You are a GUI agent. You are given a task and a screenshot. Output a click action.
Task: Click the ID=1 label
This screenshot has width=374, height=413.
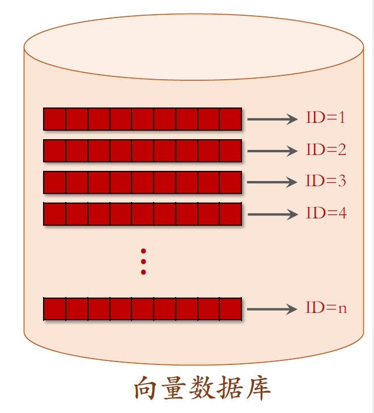(x=325, y=118)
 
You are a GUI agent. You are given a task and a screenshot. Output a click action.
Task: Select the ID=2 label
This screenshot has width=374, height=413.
(x=326, y=149)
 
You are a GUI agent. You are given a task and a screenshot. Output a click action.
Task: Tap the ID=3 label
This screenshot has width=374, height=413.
(x=326, y=181)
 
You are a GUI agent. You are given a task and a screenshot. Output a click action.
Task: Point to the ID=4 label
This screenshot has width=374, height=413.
(x=326, y=213)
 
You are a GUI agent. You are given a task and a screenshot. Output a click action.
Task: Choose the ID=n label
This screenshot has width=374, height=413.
(x=326, y=307)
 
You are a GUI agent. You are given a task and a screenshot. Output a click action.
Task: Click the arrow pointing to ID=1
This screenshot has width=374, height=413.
(x=273, y=119)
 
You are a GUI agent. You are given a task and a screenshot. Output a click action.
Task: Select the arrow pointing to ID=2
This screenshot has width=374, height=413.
(x=273, y=151)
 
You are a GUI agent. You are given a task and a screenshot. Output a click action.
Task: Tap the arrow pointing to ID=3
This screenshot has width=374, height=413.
(x=272, y=182)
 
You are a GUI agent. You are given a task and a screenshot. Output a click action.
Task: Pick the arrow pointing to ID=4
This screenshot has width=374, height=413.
(x=273, y=214)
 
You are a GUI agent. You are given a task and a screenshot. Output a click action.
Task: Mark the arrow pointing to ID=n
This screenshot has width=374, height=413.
(x=272, y=309)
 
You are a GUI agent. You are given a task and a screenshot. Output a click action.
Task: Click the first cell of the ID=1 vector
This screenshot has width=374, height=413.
(x=54, y=119)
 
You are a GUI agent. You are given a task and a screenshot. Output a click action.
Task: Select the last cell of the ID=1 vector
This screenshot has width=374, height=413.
(x=231, y=119)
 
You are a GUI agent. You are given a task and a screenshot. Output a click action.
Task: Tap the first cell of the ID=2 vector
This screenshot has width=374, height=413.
(x=54, y=150)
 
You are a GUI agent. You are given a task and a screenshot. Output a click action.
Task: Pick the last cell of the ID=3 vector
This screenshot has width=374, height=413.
(x=231, y=183)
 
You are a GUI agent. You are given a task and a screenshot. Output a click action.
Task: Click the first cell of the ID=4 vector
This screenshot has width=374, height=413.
(x=54, y=214)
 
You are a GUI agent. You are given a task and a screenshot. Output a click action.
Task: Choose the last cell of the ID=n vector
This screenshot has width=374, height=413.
(x=231, y=309)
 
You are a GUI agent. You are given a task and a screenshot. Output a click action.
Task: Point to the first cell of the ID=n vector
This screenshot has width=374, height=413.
(x=54, y=309)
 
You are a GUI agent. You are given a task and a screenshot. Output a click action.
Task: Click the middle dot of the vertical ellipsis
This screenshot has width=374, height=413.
(x=143, y=261)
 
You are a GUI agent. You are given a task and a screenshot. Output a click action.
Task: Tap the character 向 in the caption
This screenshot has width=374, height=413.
(x=146, y=388)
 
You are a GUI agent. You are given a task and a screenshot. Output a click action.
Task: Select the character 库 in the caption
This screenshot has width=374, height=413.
(x=258, y=388)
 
